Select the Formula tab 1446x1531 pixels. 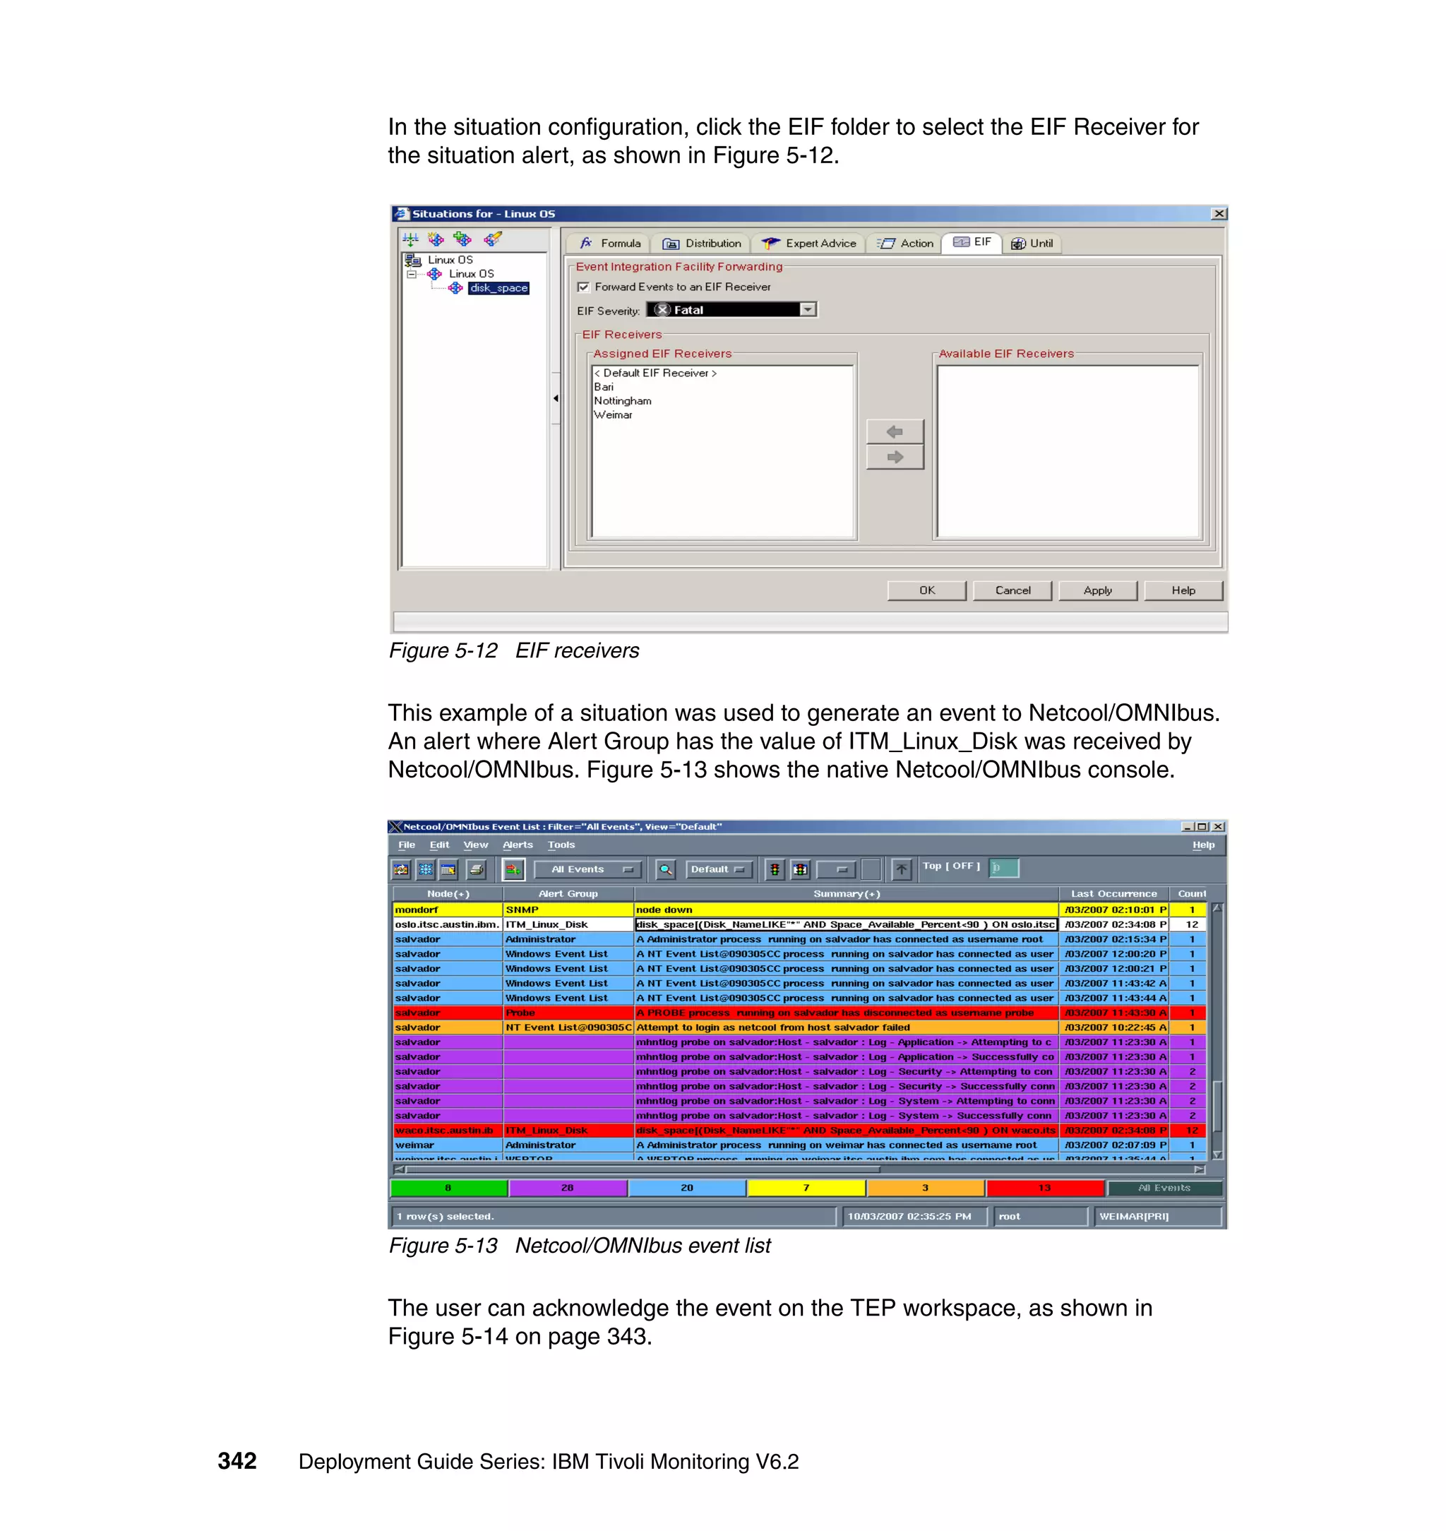(x=610, y=244)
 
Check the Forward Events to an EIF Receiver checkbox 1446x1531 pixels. (x=583, y=287)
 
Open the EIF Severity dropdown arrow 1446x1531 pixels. (x=807, y=310)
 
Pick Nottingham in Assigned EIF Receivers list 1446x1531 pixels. (x=622, y=401)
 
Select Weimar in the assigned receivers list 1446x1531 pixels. (x=613, y=415)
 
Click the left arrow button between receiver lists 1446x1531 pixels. (x=894, y=431)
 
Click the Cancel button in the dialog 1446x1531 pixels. (x=1012, y=590)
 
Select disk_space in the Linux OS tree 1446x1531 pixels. (x=498, y=288)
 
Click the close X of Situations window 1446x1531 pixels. (x=1219, y=213)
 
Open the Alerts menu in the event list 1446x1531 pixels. (x=518, y=845)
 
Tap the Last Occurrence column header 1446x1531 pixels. (x=1113, y=893)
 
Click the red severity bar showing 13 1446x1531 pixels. (x=1044, y=1188)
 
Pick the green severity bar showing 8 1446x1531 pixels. (x=448, y=1188)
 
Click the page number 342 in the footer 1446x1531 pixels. (x=237, y=1461)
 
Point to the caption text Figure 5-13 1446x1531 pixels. (x=443, y=1246)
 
